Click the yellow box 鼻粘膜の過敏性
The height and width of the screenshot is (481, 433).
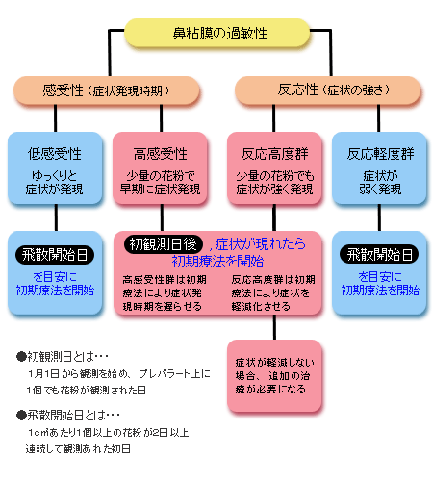coord(217,33)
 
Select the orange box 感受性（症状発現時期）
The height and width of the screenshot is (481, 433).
coord(107,90)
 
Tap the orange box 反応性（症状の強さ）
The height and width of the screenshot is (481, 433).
coord(328,90)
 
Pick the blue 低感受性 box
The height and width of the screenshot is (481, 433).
coord(55,168)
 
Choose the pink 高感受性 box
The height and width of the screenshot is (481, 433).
coord(160,168)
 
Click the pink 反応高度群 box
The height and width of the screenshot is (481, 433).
coord(274,168)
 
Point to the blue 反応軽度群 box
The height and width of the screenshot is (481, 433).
coord(379,168)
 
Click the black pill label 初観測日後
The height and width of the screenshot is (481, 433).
coord(164,244)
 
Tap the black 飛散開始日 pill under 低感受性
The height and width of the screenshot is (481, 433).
coord(55,255)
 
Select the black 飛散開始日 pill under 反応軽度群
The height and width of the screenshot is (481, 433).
coord(379,254)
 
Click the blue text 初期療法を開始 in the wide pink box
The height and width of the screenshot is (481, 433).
coord(217,262)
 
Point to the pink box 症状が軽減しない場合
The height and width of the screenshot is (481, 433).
coord(274,375)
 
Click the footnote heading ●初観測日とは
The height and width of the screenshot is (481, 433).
coord(63,357)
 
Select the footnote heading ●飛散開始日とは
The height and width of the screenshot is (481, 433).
coord(68,416)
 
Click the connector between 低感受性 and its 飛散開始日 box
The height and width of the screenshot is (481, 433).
coord(56,217)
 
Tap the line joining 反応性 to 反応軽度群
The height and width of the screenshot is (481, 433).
coord(379,118)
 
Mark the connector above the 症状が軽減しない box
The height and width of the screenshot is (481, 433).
coord(274,327)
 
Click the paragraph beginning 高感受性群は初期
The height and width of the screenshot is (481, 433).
coord(165,293)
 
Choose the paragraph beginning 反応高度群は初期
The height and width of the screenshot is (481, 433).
coord(273,293)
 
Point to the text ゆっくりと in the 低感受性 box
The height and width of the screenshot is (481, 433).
coord(55,176)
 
